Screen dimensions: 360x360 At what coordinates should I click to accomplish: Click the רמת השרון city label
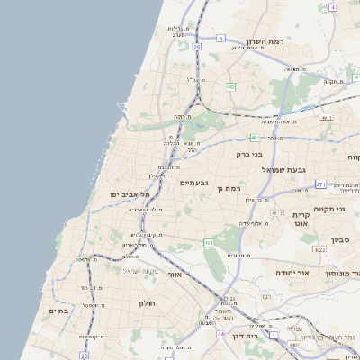pos(265,41)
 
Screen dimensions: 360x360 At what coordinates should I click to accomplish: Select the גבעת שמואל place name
pos(285,169)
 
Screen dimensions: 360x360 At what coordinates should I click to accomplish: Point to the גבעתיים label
pos(193,183)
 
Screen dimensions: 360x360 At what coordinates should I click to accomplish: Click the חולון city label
pos(148,302)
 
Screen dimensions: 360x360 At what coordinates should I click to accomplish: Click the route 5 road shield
pos(220,38)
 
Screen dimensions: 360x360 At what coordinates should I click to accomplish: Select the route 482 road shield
pos(231,86)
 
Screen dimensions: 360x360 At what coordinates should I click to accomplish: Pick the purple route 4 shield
pos(331,7)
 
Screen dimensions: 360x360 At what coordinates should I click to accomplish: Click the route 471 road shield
pos(321,184)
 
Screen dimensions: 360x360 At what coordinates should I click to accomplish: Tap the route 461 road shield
pos(208,243)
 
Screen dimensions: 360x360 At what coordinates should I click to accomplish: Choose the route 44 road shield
pos(220,334)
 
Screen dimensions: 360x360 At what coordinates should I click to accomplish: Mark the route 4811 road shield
pos(327,117)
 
